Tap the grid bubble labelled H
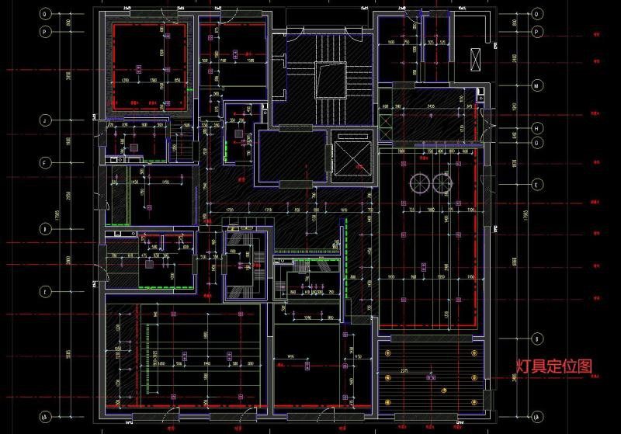click(536, 128)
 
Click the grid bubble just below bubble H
click(536, 144)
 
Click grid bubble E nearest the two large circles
click(536, 185)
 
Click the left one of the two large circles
click(419, 182)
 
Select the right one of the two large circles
click(442, 182)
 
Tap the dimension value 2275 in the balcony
click(426, 371)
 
